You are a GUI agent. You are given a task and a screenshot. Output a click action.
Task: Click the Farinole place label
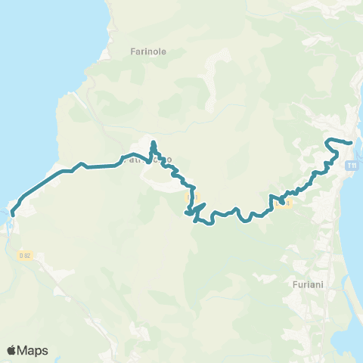click(x=147, y=52)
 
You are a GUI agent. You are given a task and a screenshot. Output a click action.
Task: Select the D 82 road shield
click(x=26, y=256)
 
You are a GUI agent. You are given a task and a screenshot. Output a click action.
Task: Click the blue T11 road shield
click(x=352, y=166)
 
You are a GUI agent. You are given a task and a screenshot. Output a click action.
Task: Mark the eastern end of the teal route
click(x=352, y=142)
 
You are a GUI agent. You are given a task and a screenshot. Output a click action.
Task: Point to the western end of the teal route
click(x=12, y=214)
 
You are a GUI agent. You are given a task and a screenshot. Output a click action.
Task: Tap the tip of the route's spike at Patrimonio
click(x=153, y=141)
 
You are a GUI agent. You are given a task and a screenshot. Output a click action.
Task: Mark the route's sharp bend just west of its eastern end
click(x=326, y=141)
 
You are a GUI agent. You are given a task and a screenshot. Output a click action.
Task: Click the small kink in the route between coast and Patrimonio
click(x=81, y=164)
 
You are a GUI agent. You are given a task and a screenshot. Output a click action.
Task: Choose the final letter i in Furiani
click(x=324, y=285)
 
